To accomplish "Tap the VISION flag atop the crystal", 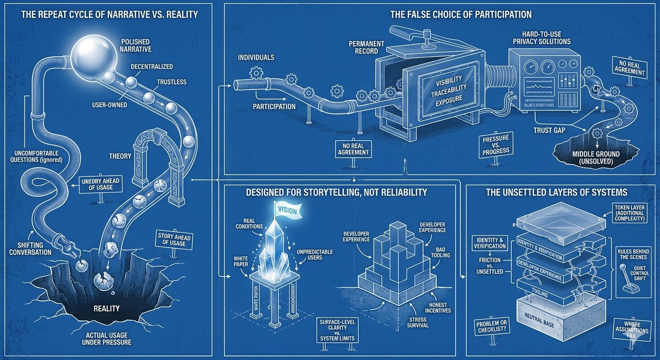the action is coord(287,210).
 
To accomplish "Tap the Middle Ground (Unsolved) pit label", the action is coord(595,157).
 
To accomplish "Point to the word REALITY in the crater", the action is coord(106,308).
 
